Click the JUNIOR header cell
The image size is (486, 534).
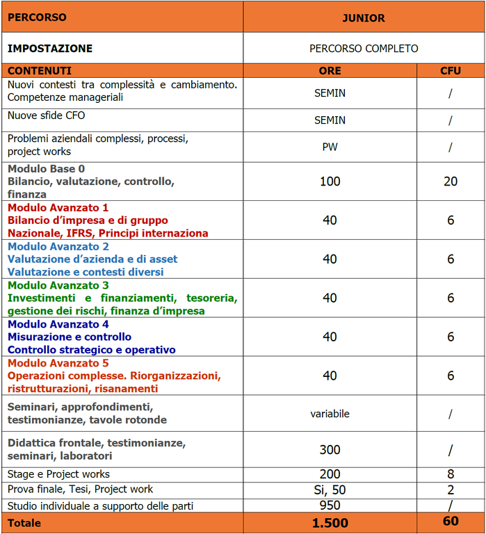click(364, 18)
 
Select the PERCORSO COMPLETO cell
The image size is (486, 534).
click(364, 49)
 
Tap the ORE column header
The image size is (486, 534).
click(330, 70)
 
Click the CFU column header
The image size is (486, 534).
click(451, 70)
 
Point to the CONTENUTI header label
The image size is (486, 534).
click(40, 70)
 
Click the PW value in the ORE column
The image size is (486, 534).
click(330, 147)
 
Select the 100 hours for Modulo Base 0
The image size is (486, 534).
click(330, 181)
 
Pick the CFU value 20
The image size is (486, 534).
click(451, 181)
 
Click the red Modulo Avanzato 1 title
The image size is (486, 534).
click(58, 207)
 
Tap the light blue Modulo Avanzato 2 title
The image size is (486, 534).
click(58, 246)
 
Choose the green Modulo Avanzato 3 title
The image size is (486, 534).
click(58, 285)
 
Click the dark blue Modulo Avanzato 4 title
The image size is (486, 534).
click(58, 324)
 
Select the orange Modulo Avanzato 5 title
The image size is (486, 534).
click(58, 363)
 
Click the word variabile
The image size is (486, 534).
click(330, 414)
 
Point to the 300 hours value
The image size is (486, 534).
click(330, 450)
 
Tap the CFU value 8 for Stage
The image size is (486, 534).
click(451, 474)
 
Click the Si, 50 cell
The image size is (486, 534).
click(330, 489)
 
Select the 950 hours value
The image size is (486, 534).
click(330, 505)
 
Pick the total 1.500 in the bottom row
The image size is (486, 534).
click(330, 523)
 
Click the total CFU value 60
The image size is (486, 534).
click(451, 521)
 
